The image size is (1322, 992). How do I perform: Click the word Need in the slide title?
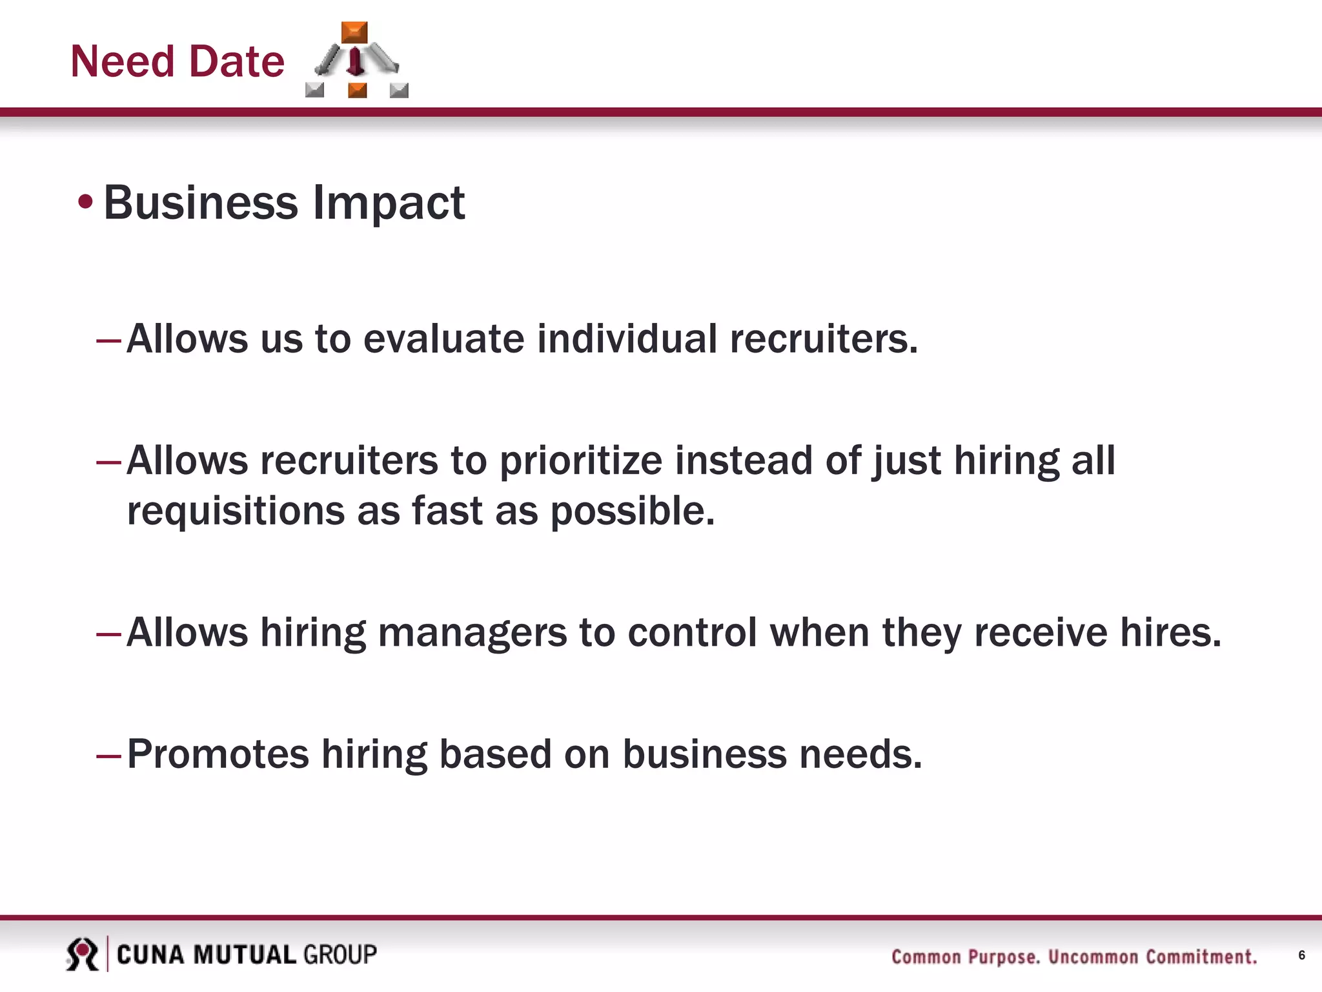122,62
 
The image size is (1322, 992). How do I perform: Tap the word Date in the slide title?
237,62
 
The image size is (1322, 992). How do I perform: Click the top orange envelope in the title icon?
354,32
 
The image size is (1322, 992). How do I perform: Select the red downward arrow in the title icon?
354,62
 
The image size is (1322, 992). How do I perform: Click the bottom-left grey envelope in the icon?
314,90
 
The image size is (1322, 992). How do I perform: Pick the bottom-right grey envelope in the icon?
399,90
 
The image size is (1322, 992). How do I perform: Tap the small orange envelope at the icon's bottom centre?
357,90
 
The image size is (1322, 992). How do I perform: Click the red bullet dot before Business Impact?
85,203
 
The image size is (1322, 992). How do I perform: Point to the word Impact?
389,204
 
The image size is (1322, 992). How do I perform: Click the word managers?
472,633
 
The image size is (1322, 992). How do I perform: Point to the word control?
692,633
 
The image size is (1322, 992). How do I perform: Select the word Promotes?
218,754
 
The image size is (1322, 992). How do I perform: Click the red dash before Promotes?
108,756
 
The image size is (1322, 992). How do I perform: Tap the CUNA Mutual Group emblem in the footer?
82,955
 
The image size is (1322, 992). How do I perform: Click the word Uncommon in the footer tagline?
1093,956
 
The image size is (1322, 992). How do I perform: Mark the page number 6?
1301,955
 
